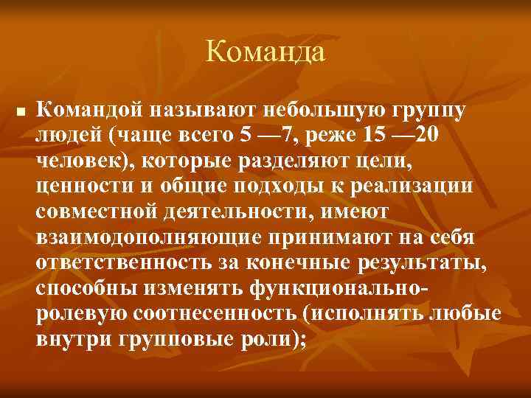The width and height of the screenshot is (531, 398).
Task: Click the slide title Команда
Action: pyautogui.click(x=265, y=52)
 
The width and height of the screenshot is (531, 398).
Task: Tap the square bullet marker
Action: pyautogui.click(x=20, y=113)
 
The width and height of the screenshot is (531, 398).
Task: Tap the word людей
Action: pyautogui.click(x=69, y=137)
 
